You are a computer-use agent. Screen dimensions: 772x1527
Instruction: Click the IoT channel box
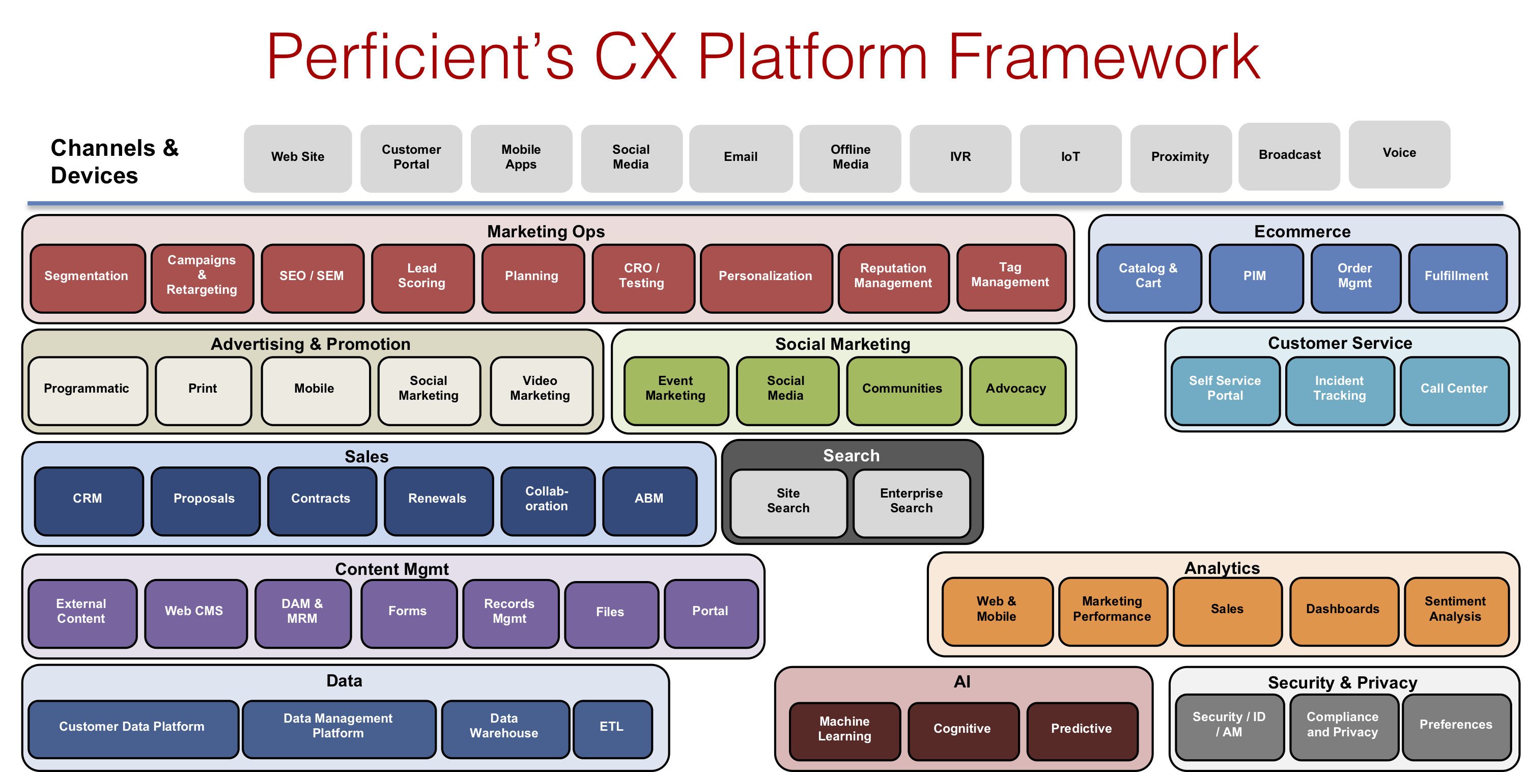[x=1070, y=157]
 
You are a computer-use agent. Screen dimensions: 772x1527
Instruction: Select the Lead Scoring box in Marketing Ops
[x=421, y=277]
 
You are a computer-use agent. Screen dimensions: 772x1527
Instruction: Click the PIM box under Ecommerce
[x=1254, y=277]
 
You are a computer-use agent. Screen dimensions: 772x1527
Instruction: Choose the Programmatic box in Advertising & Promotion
[x=87, y=389]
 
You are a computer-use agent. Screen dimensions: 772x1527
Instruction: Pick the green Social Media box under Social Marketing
[x=785, y=389]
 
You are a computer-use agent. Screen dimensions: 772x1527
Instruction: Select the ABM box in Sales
[x=648, y=499]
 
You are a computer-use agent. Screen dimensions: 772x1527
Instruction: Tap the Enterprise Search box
[x=911, y=502]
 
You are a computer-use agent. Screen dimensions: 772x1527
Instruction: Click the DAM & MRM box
[x=302, y=611]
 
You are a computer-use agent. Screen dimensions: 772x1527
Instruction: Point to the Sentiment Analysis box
[x=1455, y=610]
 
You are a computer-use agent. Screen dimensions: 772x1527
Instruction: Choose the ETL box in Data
[x=611, y=727]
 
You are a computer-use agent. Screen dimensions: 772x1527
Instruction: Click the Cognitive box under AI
[x=962, y=729]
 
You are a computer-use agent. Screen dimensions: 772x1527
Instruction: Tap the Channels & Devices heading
[x=115, y=161]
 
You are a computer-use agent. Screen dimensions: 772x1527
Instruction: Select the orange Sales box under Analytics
[x=1227, y=610]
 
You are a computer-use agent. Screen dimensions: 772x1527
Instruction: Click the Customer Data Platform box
[x=132, y=727]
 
